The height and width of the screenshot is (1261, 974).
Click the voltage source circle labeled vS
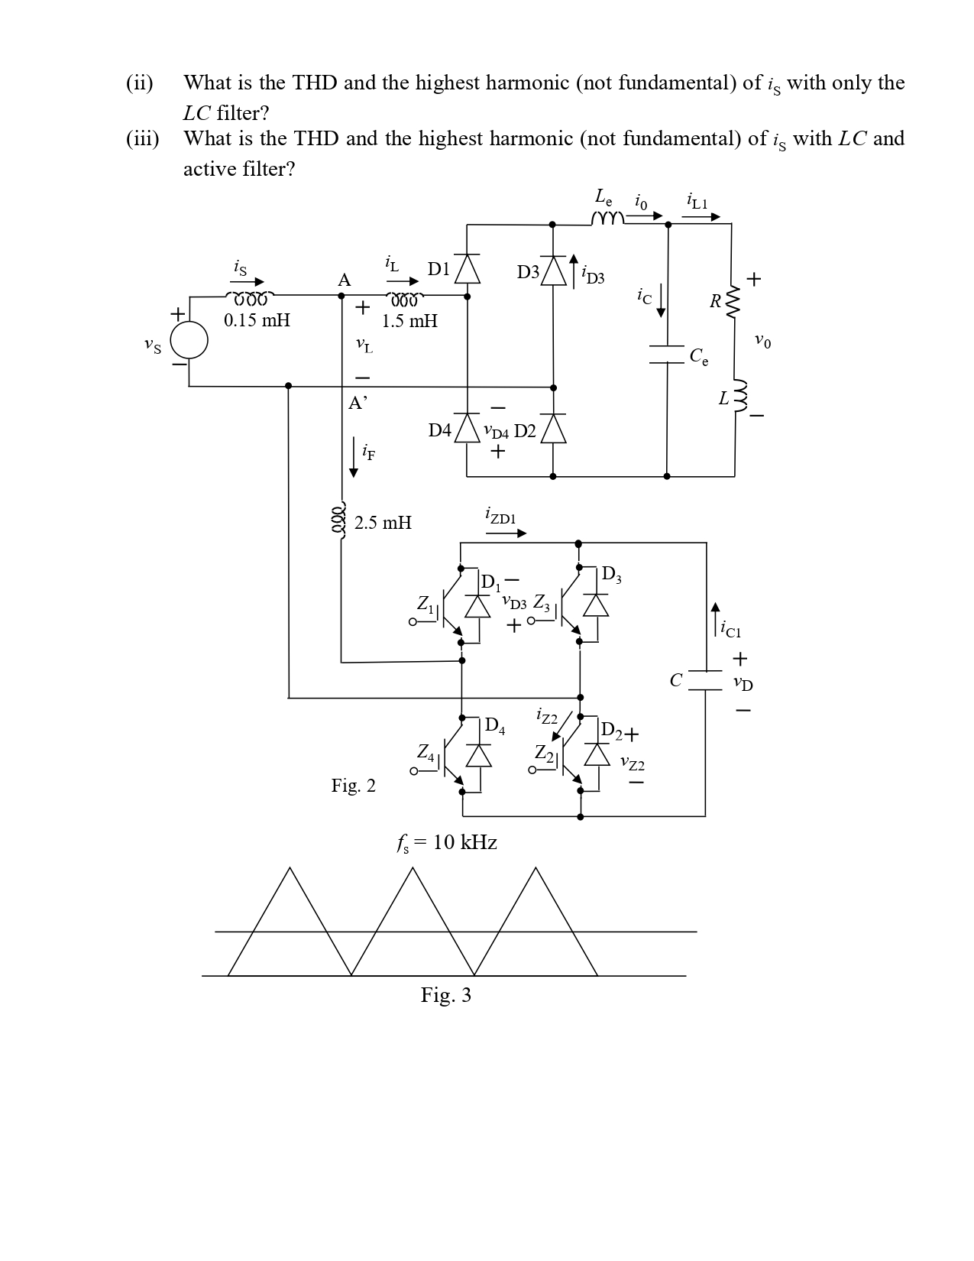[189, 340]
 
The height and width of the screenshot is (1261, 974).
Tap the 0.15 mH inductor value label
[257, 320]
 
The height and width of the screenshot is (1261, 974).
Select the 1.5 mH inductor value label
[409, 321]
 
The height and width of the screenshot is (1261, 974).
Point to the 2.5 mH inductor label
[383, 523]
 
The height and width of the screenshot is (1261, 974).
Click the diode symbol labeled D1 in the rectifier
[468, 269]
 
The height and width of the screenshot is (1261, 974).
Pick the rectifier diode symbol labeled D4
[467, 430]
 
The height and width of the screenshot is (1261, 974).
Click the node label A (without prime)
[345, 280]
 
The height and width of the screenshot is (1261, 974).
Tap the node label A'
[358, 404]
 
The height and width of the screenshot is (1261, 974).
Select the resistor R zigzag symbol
[733, 302]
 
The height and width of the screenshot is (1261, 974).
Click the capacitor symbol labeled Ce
[668, 355]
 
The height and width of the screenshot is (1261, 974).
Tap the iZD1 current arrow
[506, 533]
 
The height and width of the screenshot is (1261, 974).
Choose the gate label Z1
[426, 604]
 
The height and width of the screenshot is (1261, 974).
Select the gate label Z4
[426, 753]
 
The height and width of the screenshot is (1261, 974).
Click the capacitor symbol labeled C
[705, 680]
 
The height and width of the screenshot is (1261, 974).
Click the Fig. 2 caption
[353, 786]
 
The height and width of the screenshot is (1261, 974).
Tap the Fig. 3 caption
[446, 995]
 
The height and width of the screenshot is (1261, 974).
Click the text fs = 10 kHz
[447, 842]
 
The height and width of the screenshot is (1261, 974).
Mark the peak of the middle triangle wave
[413, 868]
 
